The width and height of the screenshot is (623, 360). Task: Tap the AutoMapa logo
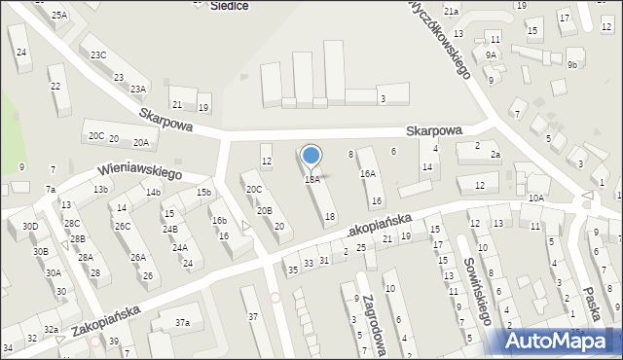click(x=562, y=341)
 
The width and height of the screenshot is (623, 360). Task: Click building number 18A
click(x=311, y=179)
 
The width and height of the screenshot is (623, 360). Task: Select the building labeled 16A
click(x=367, y=173)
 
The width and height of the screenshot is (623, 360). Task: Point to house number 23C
click(x=98, y=55)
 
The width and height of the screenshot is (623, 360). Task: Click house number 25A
click(x=60, y=15)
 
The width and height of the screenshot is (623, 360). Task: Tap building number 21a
click(x=451, y=11)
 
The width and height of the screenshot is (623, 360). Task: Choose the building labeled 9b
click(x=572, y=65)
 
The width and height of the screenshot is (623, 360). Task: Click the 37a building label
click(x=182, y=322)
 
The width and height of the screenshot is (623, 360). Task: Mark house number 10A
click(x=536, y=198)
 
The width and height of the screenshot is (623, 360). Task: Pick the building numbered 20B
click(x=264, y=210)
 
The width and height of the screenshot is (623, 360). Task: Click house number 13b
click(x=100, y=189)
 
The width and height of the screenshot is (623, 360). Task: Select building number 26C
click(x=123, y=226)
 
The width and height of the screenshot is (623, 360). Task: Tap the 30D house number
click(x=30, y=227)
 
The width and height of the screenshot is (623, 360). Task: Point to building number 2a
click(x=495, y=155)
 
